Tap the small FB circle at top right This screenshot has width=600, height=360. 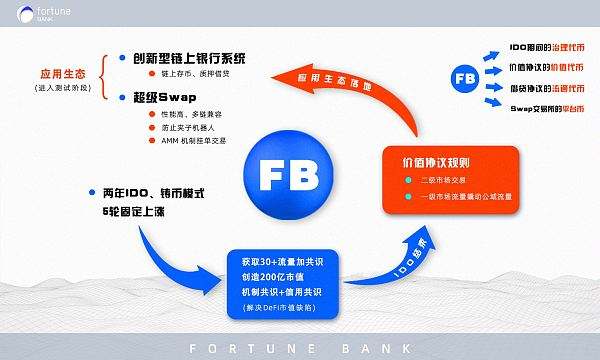[464, 77]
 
